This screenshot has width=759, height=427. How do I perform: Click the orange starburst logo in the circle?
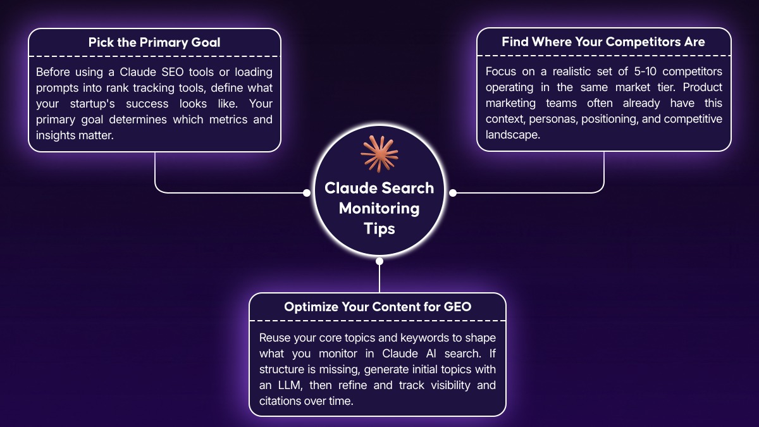click(379, 154)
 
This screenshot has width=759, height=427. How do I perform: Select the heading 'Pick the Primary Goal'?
click(154, 42)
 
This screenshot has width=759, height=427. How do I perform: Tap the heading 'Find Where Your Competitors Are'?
click(603, 42)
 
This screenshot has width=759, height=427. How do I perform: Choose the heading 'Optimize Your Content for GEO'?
click(378, 307)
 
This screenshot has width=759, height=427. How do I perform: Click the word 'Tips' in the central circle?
click(379, 229)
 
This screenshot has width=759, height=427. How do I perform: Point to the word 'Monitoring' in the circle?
click(379, 208)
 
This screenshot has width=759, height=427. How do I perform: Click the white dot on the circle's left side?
click(307, 193)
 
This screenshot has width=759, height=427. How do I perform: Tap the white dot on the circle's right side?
click(453, 193)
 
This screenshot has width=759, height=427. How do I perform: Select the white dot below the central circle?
click(379, 261)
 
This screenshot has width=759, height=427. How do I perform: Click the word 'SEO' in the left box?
click(173, 72)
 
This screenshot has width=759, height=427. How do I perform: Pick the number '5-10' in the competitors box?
click(645, 71)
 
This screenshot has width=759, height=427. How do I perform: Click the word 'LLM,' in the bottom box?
click(290, 385)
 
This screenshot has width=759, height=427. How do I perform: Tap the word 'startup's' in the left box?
click(92, 104)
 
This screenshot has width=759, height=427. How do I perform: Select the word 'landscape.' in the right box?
click(513, 135)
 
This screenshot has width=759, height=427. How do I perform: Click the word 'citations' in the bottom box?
click(280, 401)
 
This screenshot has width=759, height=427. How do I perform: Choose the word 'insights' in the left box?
click(56, 135)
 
